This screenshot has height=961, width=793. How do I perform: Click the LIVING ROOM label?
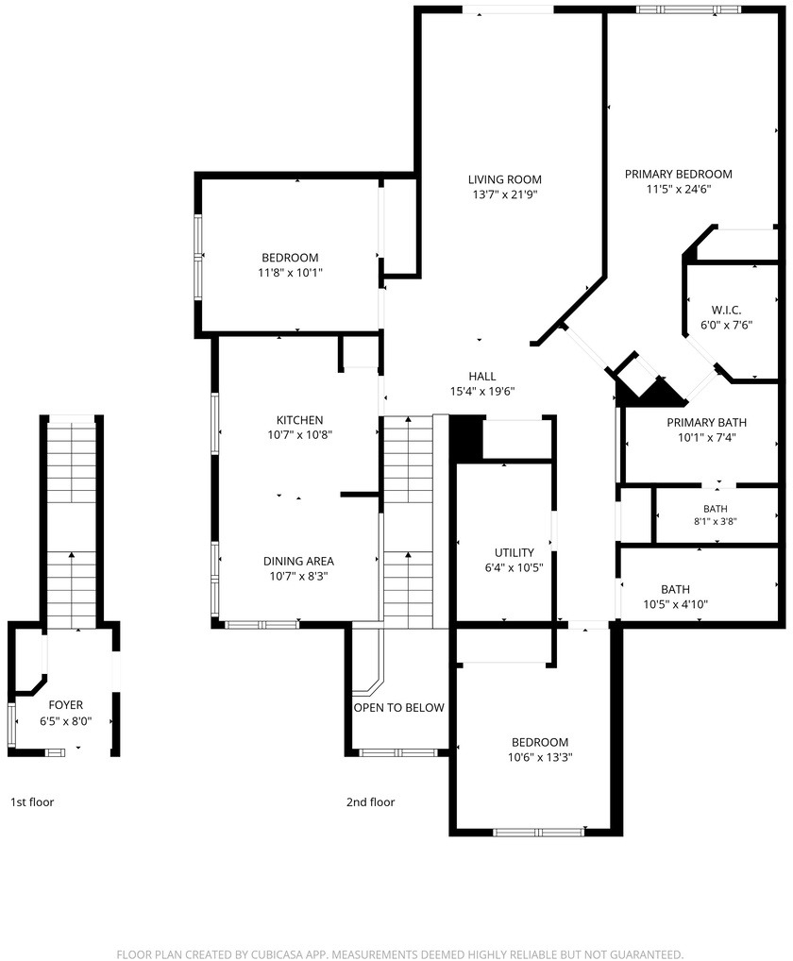504,179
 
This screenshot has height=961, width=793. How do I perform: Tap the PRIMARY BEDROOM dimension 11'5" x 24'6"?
679,190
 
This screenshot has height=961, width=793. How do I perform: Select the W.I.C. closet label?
726,311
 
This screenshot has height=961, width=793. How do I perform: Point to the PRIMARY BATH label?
706,422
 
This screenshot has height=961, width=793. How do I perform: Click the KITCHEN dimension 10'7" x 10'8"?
299,435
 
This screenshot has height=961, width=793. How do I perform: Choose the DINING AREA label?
298,561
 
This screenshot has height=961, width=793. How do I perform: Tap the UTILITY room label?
515,552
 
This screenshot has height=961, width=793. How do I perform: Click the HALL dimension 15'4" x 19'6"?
482,392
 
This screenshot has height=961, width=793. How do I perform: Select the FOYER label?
65,705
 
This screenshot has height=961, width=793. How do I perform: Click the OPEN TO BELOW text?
399,708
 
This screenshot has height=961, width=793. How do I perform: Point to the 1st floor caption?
32,801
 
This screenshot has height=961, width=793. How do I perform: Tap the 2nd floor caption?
370,801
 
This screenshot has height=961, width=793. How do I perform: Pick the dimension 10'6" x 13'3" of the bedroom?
540,757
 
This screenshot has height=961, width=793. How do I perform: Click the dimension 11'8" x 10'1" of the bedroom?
290,273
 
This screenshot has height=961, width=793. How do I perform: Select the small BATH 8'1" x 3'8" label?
716,515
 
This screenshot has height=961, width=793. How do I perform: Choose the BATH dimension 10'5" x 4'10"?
675,604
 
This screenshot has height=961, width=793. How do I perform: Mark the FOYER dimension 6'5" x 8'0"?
65,721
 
